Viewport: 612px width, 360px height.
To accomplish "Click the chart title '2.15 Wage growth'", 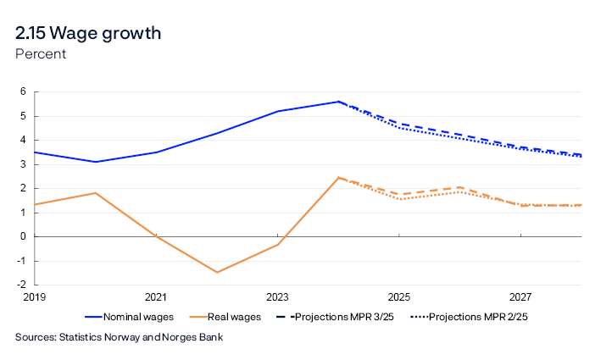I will coord(88,33).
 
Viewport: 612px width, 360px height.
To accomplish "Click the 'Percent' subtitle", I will coord(41,54).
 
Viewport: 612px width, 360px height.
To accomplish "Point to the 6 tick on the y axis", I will coord(24,92).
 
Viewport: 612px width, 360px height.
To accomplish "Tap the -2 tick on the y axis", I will coord(22,285).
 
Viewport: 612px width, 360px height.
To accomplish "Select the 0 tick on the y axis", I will coord(24,236).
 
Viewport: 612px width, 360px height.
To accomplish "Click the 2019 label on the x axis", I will coord(34,297).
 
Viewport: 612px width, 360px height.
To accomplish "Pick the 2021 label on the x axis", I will coord(155,297).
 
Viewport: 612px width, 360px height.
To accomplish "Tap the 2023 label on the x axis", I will coord(277,297).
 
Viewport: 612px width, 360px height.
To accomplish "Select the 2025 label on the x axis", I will coord(399,297).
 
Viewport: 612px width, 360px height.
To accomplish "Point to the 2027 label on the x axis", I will coord(520,297).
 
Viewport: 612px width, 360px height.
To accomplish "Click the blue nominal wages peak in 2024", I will coord(338,102).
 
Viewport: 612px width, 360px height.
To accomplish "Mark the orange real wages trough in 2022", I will coord(217,272).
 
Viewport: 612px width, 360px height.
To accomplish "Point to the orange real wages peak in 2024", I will coord(338,178).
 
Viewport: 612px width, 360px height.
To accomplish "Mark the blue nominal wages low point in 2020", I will coord(95,162).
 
